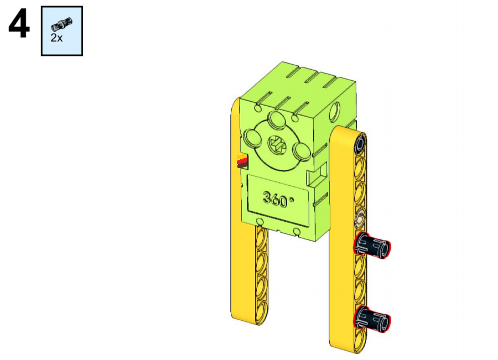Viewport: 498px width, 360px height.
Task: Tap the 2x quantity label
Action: point(56,38)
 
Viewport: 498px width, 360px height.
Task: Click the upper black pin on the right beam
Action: point(372,245)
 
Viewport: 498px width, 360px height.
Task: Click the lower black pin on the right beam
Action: point(372,319)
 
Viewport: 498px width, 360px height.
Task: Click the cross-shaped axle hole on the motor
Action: point(277,145)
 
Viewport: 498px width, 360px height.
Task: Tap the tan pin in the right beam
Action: point(360,218)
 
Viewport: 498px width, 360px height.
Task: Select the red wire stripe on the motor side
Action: point(242,161)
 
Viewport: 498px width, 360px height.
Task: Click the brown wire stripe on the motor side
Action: point(242,165)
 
